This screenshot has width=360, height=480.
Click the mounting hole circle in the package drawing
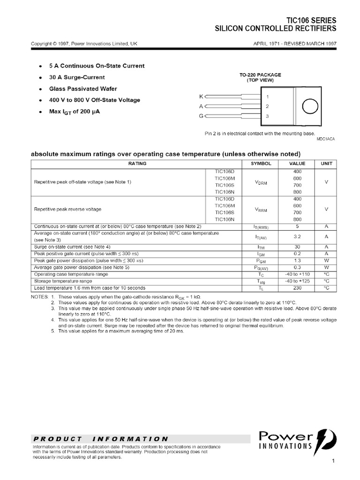pyautogui.click(x=310, y=107)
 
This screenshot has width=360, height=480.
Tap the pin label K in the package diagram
pyautogui.click(x=201, y=97)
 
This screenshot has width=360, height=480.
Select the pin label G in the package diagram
pyautogui.click(x=201, y=116)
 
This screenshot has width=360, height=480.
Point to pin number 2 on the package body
pyautogui.click(x=267, y=106)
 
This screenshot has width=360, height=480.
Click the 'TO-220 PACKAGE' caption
pyautogui.click(x=261, y=75)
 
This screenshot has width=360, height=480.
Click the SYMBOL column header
pyautogui.click(x=261, y=164)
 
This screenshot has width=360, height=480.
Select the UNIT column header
pyautogui.click(x=326, y=164)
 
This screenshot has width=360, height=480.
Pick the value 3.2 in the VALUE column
pyautogui.click(x=297, y=237)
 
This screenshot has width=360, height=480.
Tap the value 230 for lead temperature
pyautogui.click(x=297, y=288)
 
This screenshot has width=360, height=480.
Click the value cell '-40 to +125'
pyautogui.click(x=297, y=281)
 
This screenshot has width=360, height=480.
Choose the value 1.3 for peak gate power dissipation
pyautogui.click(x=297, y=260)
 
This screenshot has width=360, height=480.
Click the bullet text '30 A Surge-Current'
pyautogui.click(x=77, y=77)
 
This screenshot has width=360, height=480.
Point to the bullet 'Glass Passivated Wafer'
pyautogui.click(x=83, y=89)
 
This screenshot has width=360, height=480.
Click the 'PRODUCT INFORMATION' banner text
pyautogui.click(x=101, y=439)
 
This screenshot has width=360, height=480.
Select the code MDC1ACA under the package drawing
pyautogui.click(x=326, y=139)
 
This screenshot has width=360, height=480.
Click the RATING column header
pyautogui.click(x=137, y=164)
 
